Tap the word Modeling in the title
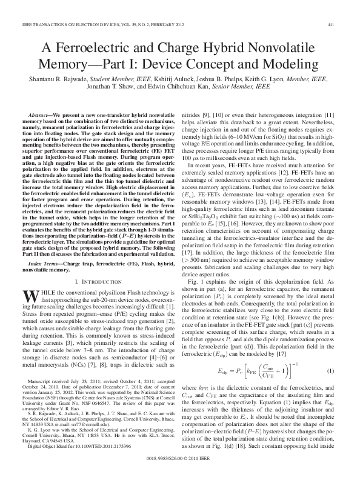[282, 64]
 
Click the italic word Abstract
[42, 115]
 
